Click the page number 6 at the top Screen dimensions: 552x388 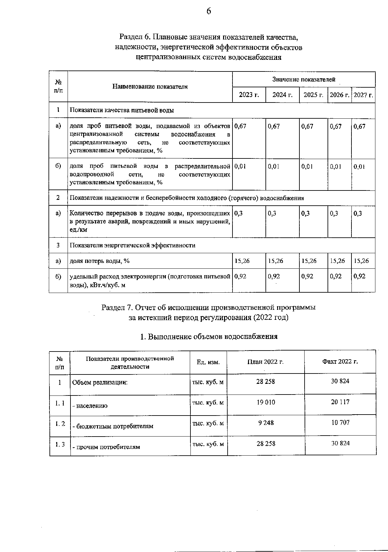209,12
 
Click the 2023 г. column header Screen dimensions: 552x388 249,95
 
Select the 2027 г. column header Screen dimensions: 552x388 363,95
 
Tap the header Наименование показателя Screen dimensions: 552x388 150,87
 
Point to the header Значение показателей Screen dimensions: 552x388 304,79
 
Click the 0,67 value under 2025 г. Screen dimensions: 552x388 307,126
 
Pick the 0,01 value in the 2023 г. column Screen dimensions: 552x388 240,166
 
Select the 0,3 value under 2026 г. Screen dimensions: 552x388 334,213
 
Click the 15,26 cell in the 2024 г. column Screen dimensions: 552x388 276,261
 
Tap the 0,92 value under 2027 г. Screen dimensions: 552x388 360,276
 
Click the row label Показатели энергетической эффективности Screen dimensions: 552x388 133,245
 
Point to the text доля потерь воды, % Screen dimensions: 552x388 100,261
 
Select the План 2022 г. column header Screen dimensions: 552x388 265,362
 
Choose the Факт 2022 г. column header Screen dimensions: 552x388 340,362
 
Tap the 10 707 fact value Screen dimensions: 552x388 340,422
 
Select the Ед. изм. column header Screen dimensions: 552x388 208,362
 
